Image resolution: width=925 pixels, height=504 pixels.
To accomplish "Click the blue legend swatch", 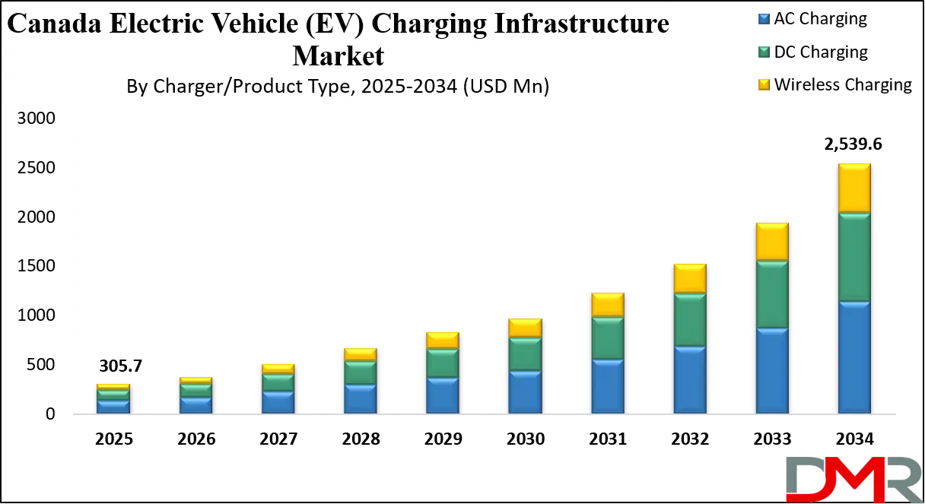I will [x=763, y=17].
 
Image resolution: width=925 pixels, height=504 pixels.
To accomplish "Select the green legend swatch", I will [x=763, y=51].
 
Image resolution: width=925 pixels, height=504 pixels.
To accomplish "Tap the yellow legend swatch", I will [x=763, y=84].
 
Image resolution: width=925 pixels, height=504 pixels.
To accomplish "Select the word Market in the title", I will [x=339, y=55].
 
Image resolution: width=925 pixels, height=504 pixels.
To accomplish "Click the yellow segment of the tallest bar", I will [x=854, y=188].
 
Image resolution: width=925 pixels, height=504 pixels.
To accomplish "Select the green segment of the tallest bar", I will [x=854, y=257].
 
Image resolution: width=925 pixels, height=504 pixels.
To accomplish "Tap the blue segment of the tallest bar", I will [x=854, y=357].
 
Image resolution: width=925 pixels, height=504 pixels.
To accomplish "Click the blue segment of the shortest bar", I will [x=113, y=407].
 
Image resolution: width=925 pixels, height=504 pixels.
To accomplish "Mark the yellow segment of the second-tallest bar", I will [x=772, y=242].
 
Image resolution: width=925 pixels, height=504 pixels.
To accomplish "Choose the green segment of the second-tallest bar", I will [x=772, y=295].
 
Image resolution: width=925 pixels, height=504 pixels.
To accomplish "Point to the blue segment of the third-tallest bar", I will [x=690, y=379].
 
